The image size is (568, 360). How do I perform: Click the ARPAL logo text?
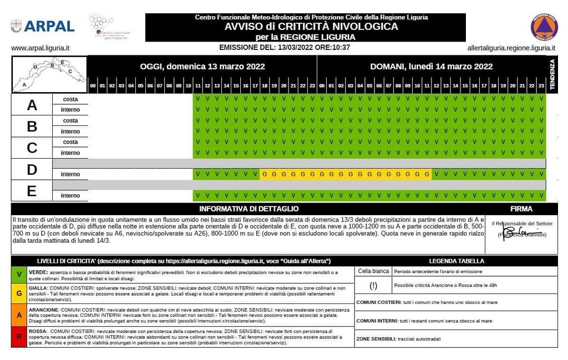click(x=49, y=26)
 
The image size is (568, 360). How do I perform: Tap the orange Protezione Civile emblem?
click(x=544, y=27)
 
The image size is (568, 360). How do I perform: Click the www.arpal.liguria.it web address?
click(x=44, y=48)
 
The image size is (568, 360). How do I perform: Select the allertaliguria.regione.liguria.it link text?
click(x=511, y=48)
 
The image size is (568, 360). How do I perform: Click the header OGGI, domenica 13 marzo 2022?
click(x=202, y=67)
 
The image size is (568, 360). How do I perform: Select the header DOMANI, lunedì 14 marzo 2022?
click(x=431, y=67)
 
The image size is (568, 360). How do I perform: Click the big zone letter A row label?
click(x=32, y=105)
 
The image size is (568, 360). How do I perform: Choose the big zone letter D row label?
click(x=32, y=169)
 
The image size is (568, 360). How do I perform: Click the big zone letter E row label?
click(x=32, y=191)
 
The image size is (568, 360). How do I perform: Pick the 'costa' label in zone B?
click(x=70, y=121)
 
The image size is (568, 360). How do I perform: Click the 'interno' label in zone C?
click(x=70, y=153)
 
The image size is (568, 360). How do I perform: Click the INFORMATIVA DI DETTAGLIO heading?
click(x=248, y=209)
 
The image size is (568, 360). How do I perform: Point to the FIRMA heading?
click(x=521, y=209)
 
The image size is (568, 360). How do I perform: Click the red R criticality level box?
click(x=19, y=337)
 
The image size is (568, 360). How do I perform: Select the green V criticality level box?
click(x=19, y=275)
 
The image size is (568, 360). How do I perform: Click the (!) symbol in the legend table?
click(x=373, y=286)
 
